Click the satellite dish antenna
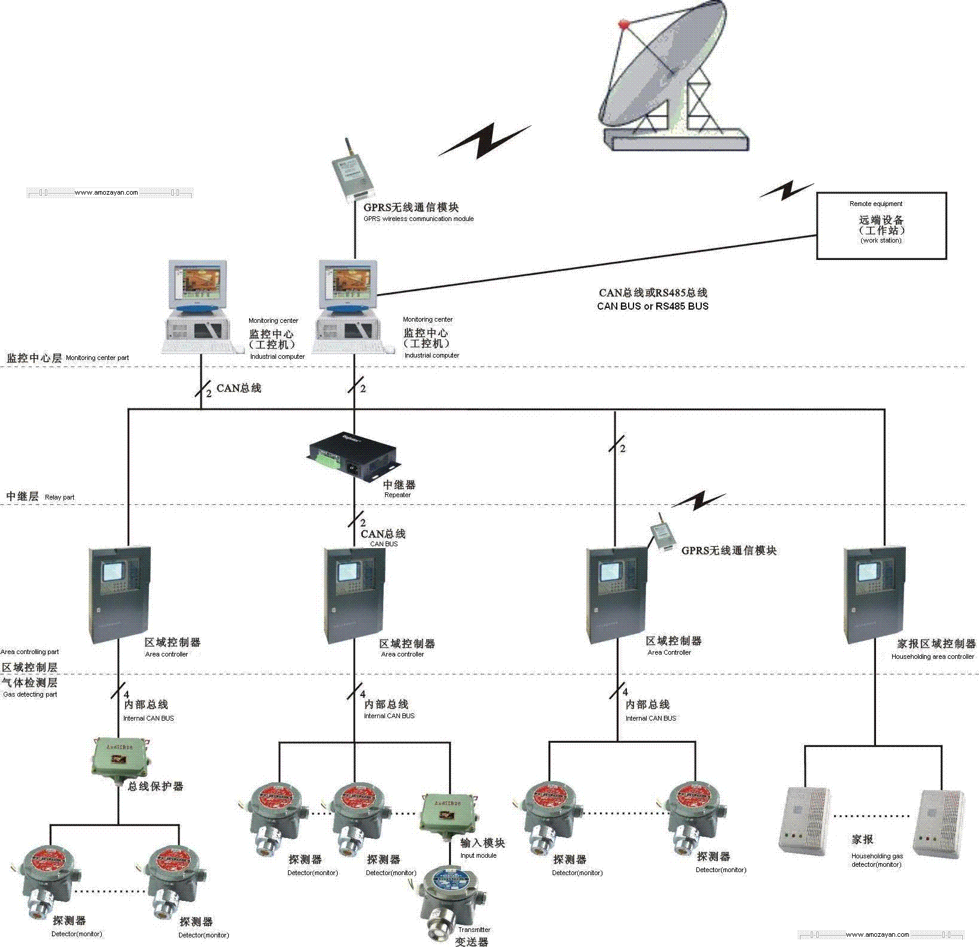tap(665, 75)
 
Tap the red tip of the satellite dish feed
tap(624, 25)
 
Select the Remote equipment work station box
tap(881, 225)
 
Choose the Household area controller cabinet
tap(874, 593)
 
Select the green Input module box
tap(448, 813)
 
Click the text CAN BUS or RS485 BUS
tap(653, 306)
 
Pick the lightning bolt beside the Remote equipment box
tap(786, 190)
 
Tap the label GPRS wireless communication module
tap(419, 219)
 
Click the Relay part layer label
tap(59, 497)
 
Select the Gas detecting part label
tap(30, 695)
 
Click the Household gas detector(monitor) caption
tap(877, 860)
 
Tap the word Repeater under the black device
tap(398, 495)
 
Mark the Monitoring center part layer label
tap(97, 358)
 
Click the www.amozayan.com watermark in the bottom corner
tap(877, 934)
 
